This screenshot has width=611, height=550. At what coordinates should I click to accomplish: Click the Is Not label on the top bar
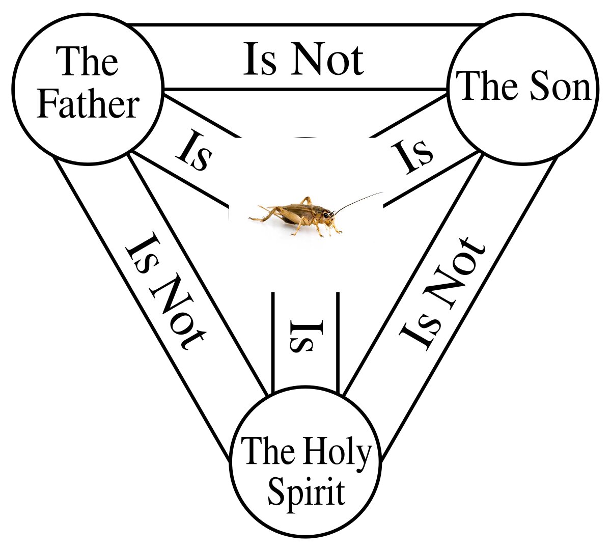pyautogui.click(x=303, y=60)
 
